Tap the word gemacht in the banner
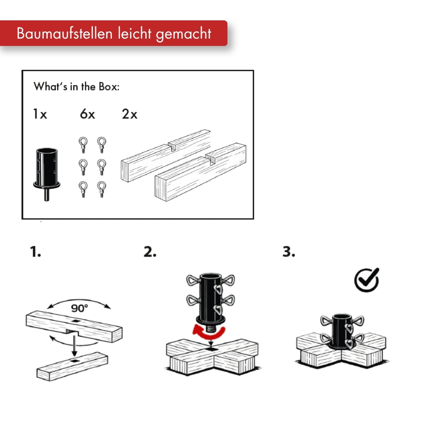tap(184, 34)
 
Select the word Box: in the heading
tap(109, 87)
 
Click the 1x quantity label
tap(40, 114)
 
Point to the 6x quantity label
tap(87, 114)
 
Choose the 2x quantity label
tap(129, 114)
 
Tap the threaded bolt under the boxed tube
tap(47, 194)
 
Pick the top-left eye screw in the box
tap(83, 145)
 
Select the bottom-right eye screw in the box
tap(102, 189)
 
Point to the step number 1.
tap(35, 252)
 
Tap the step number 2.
tap(150, 252)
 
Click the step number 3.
tap(289, 252)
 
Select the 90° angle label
tap(79, 308)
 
